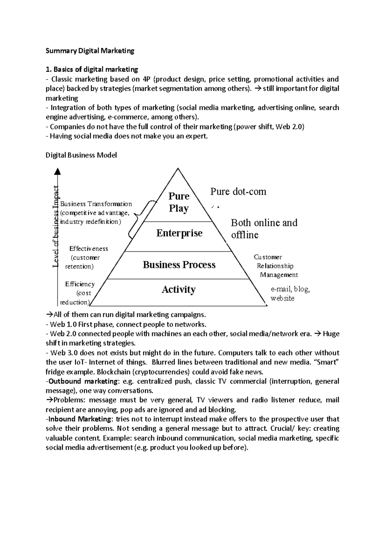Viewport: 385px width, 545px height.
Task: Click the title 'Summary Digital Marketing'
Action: (90, 51)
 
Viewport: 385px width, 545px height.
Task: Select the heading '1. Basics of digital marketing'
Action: (92, 69)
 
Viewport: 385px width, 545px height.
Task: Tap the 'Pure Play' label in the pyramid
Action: (179, 202)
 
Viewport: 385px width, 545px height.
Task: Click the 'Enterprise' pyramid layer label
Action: (179, 233)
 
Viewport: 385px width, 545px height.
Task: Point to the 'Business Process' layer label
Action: (179, 265)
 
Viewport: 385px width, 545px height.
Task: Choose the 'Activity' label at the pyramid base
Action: (178, 290)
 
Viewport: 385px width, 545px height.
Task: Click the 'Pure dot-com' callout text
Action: (238, 192)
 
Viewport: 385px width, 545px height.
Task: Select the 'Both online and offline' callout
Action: (264, 229)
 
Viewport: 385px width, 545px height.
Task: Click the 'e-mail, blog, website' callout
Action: (290, 293)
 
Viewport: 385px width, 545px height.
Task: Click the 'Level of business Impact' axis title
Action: (56, 226)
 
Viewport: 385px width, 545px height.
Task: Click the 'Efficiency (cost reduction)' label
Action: (79, 293)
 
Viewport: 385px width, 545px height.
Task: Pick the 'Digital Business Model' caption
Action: (81, 155)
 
